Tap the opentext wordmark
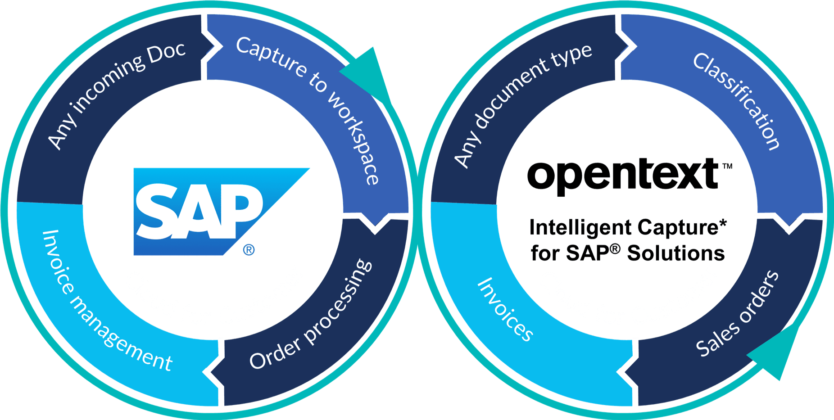pyautogui.click(x=624, y=175)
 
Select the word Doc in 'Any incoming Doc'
pyautogui.click(x=167, y=53)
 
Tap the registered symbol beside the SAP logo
pyautogui.click(x=249, y=249)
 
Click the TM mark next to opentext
pyautogui.click(x=727, y=166)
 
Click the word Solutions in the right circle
pyautogui.click(x=675, y=253)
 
